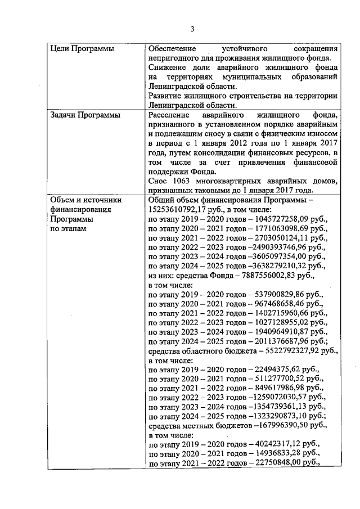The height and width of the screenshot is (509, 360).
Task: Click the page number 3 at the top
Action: [192, 29]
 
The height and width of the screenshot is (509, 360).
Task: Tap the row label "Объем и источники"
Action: [82, 200]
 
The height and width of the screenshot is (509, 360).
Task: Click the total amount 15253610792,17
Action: [175, 209]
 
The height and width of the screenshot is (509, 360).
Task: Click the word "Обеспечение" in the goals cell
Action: [173, 49]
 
